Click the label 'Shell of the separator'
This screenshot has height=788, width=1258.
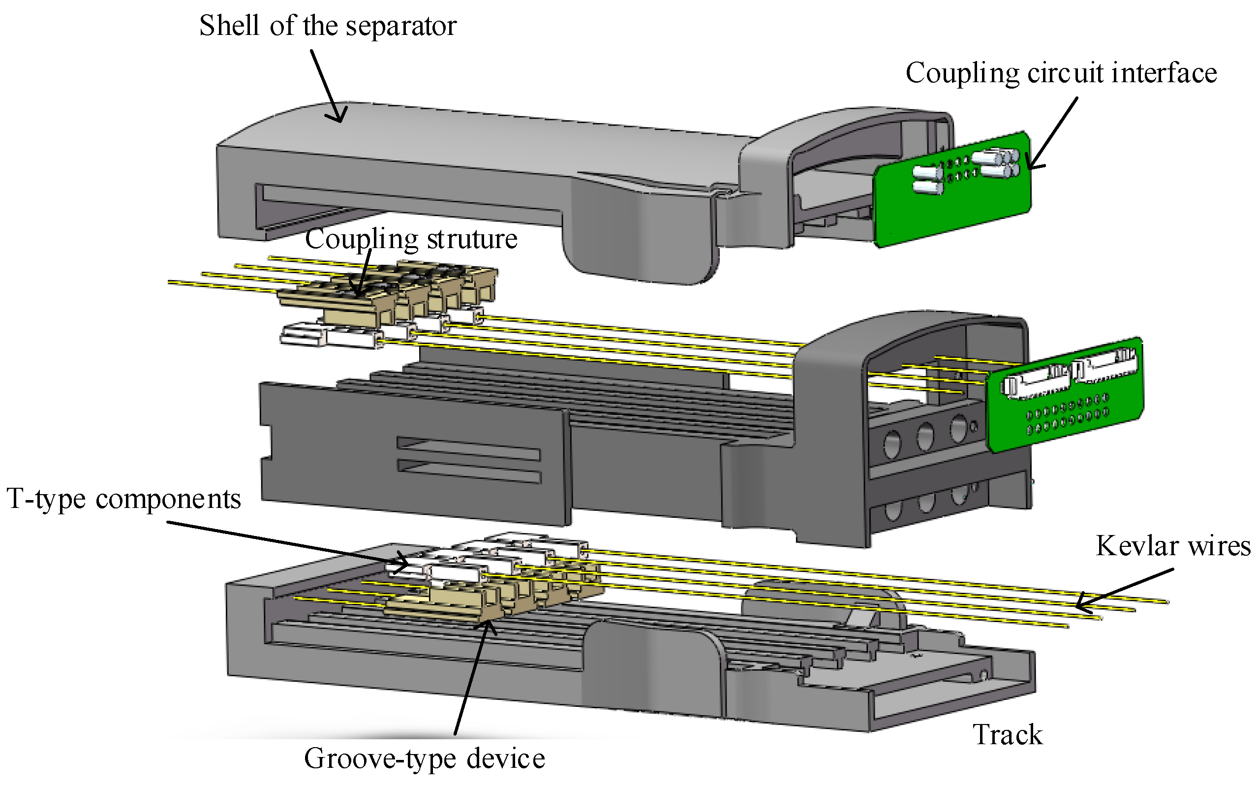[x=328, y=26]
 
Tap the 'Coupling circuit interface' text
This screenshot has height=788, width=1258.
[x=1061, y=73]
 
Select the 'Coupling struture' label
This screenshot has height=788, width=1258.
[x=411, y=239]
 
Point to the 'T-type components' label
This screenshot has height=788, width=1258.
[x=123, y=499]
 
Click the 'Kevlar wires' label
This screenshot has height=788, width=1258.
[x=1173, y=546]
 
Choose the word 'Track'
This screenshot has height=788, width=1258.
[x=1008, y=735]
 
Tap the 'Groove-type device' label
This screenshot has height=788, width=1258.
[x=424, y=759]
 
